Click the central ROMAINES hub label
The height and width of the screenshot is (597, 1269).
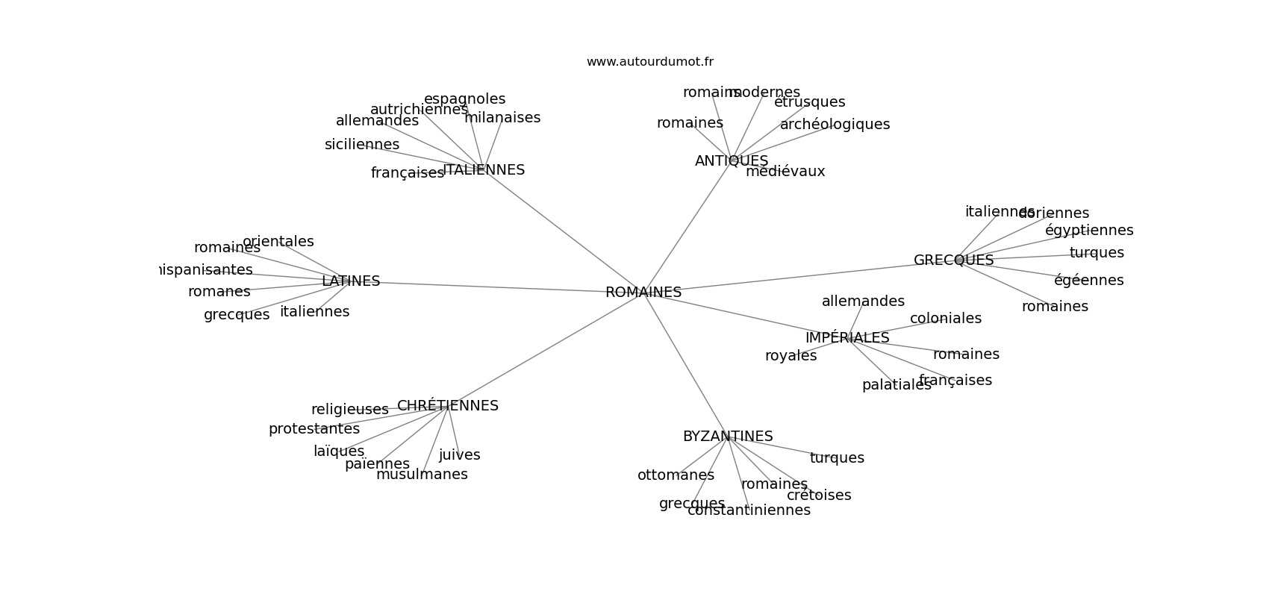point(643,293)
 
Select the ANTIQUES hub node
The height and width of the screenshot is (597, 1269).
point(731,161)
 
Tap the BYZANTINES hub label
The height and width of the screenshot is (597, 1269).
point(727,437)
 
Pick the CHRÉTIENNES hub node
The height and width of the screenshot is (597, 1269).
point(447,406)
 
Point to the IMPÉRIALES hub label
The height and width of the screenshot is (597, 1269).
point(846,338)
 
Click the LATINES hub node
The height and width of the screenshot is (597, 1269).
point(350,281)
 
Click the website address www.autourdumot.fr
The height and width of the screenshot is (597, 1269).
point(649,62)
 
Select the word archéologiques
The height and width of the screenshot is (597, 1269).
point(835,125)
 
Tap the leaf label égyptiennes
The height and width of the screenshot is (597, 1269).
point(1088,231)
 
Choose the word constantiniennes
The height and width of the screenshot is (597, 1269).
point(748,510)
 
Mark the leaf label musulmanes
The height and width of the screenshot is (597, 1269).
point(422,475)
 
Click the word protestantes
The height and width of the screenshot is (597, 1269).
point(314,429)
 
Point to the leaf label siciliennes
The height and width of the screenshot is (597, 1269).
point(361,145)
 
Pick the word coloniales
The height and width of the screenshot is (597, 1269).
point(945,319)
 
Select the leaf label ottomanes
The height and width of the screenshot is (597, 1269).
point(676,475)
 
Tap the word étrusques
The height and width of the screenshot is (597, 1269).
point(809,102)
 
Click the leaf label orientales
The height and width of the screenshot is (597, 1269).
point(278,242)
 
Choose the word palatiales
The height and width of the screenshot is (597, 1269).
point(896,385)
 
